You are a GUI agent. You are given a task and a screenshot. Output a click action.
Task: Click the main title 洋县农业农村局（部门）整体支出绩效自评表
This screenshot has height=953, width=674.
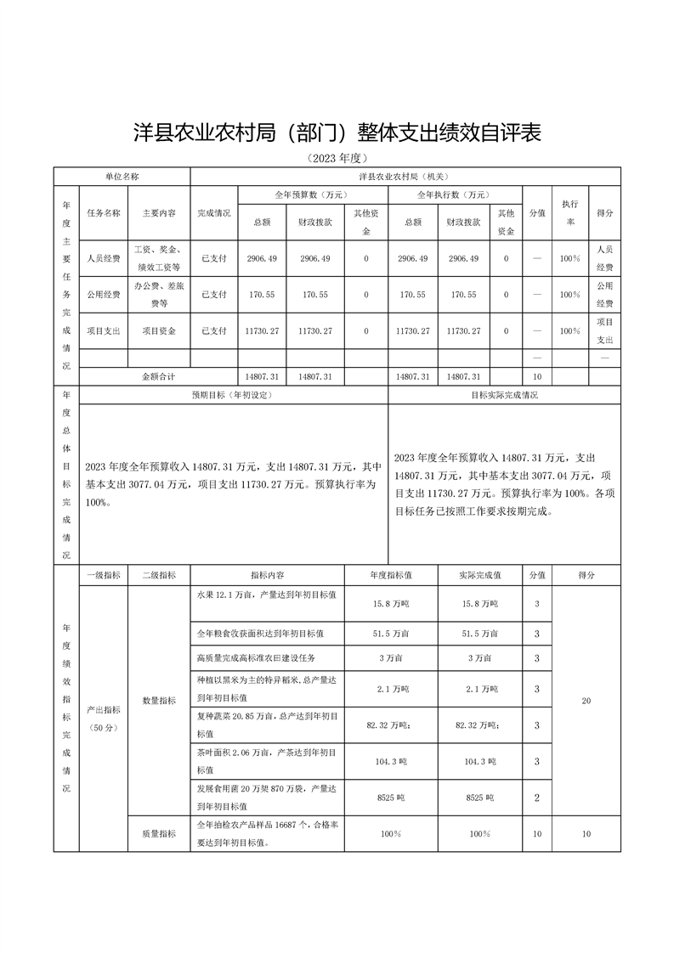[x=337, y=133]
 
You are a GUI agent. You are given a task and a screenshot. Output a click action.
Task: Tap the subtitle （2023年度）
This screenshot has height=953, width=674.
[x=337, y=158]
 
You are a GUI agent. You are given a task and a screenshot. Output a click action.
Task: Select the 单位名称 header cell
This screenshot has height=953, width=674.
[x=122, y=177]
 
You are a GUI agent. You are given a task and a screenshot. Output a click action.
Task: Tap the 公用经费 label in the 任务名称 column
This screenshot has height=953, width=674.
[x=103, y=295]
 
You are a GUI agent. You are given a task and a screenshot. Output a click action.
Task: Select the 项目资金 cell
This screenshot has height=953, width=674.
[x=159, y=331]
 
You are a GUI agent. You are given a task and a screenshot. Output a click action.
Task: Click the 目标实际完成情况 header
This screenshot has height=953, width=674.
[x=504, y=395]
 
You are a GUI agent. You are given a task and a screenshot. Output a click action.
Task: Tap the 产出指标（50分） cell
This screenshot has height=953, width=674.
[x=103, y=718]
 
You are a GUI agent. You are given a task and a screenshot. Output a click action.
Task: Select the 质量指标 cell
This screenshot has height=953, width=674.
[x=159, y=834]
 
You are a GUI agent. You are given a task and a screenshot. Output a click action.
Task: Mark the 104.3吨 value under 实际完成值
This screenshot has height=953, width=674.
[x=479, y=762]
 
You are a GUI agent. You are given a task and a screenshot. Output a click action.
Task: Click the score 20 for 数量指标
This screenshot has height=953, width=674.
[x=586, y=701]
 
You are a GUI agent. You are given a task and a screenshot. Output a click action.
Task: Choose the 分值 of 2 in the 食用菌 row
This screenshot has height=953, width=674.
[x=536, y=798]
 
